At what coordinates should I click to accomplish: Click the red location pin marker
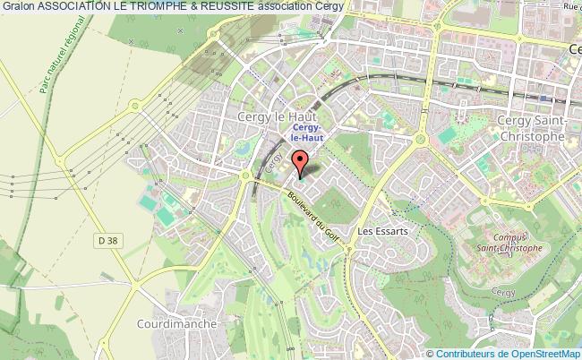[x=301, y=163]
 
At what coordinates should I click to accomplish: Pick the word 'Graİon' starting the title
[x=17, y=7]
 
